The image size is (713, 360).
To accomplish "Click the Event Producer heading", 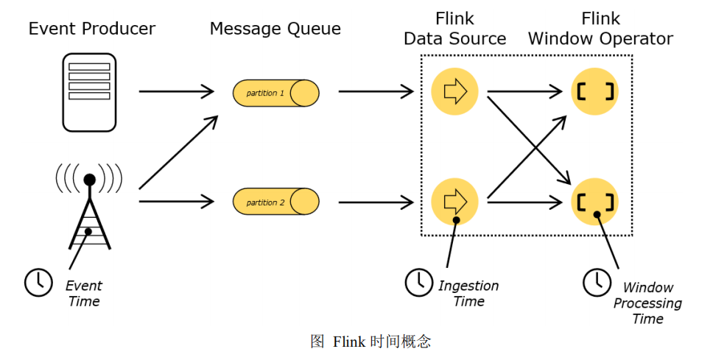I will [92, 29].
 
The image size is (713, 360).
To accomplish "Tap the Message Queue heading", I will [275, 29].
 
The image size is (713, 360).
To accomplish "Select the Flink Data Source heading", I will [454, 29].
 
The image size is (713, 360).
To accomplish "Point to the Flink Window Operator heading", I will [600, 29].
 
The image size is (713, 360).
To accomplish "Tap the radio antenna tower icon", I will [90, 211].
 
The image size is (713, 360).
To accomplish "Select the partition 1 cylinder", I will [276, 93].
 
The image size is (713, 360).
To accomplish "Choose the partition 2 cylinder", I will [276, 202].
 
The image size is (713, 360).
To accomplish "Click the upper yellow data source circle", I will [454, 92].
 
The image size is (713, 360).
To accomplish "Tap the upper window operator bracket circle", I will [595, 92].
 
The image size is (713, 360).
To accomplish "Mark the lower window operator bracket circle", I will [595, 201].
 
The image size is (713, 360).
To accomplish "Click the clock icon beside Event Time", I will [38, 283].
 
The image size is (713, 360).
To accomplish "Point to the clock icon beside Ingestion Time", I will [419, 282].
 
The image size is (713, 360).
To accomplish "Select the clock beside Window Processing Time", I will [596, 282].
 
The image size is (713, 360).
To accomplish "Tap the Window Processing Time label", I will [647, 303].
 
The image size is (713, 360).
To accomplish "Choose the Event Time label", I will [84, 293].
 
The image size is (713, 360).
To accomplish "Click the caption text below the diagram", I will [370, 342].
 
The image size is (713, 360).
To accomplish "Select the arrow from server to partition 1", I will [175, 92].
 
